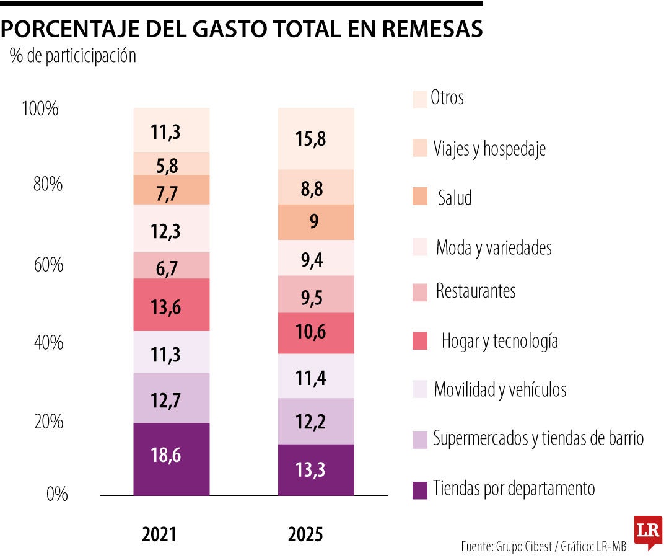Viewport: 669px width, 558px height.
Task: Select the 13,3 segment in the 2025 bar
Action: pos(316,470)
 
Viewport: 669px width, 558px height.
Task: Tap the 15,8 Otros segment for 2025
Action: pos(316,139)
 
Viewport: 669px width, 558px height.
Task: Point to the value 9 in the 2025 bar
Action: pos(315,222)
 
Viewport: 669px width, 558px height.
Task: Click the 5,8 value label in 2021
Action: pos(166,164)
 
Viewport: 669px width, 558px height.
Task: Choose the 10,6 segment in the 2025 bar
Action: pos(316,334)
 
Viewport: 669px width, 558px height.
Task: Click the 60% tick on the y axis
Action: pos(48,265)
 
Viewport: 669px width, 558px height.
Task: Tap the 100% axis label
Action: pos(40,110)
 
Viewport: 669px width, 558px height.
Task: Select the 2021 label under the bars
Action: pos(159,535)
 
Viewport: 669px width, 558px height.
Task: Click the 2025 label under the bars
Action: pos(305,535)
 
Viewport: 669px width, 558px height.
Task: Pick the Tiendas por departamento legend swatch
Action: pos(420,489)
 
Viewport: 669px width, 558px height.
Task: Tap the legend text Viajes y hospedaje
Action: pos(489,149)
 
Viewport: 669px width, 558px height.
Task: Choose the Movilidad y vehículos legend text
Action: pos(500,390)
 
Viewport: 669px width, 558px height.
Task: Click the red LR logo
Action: pos(647,531)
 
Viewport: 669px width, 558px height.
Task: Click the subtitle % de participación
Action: pos(72,56)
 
